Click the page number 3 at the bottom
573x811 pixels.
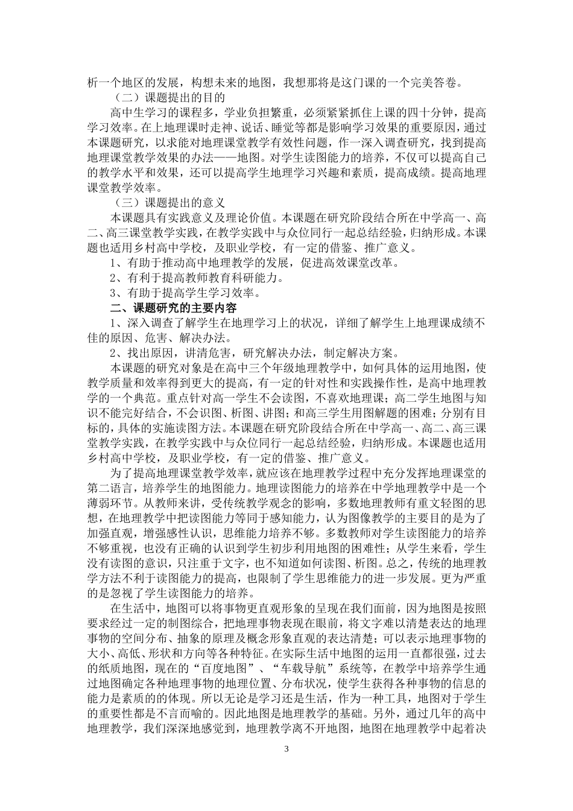[x=286, y=749]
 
